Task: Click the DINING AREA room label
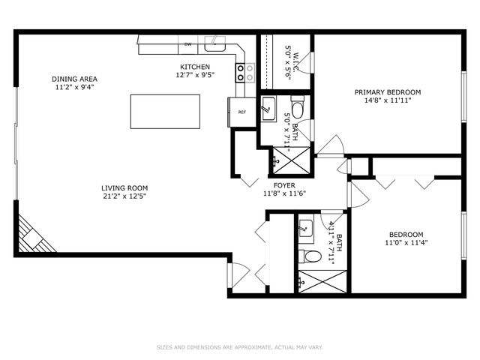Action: pos(74,79)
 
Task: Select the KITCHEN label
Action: pos(194,67)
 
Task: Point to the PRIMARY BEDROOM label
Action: pos(388,92)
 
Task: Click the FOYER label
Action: pos(283,184)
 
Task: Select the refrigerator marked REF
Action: pos(241,112)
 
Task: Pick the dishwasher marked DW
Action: pos(187,45)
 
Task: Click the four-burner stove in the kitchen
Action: pos(245,72)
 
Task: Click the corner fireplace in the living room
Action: pos(33,236)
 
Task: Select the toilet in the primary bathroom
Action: pos(298,109)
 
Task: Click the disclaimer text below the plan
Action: pos(239,347)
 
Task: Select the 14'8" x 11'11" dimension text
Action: pos(388,101)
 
